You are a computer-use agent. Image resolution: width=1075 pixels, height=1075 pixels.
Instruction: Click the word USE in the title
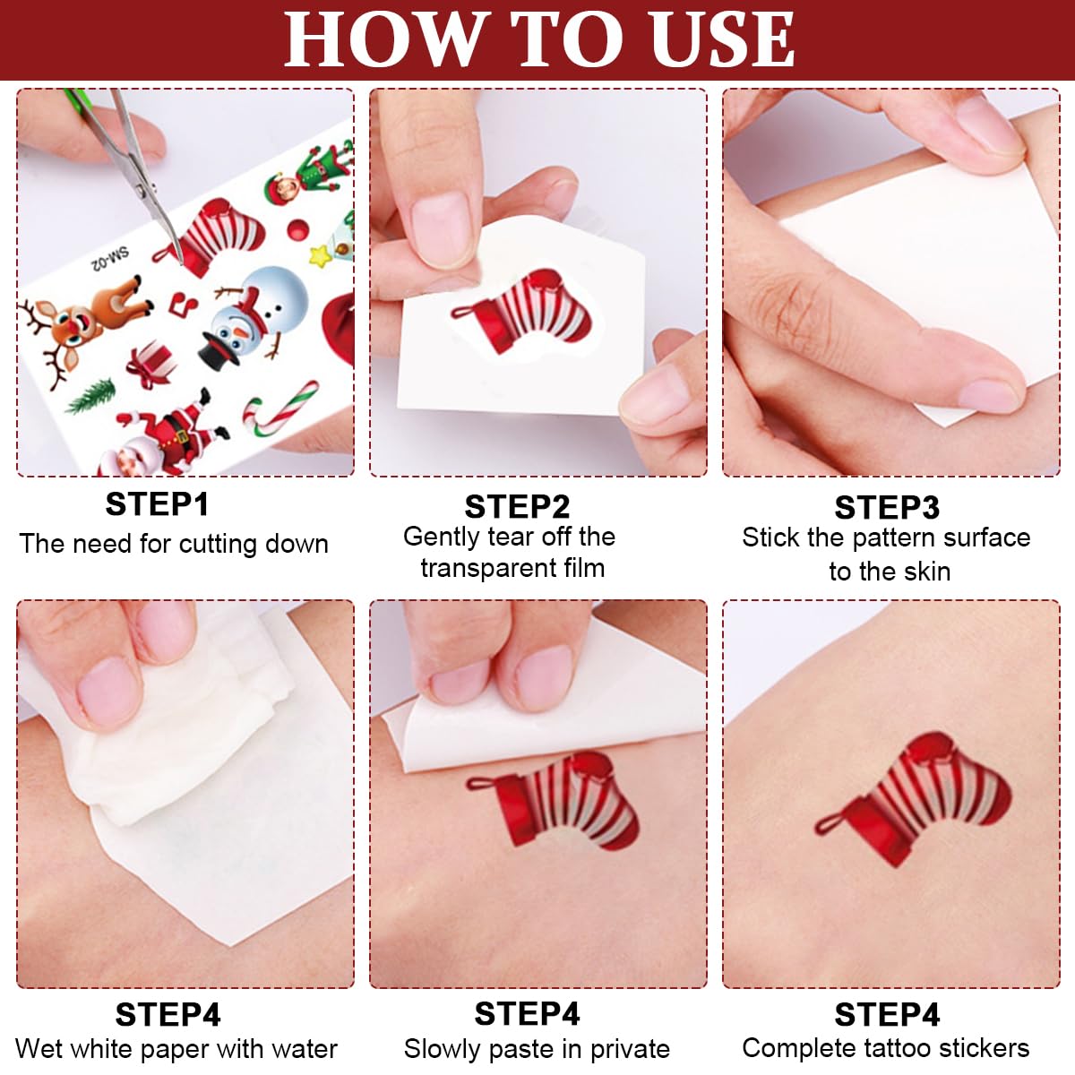click(720, 39)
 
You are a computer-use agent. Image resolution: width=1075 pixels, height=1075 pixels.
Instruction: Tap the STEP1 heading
click(157, 504)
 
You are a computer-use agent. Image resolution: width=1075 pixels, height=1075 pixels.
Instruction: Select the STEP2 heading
click(517, 507)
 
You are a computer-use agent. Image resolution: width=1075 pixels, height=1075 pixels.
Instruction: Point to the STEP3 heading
click(887, 508)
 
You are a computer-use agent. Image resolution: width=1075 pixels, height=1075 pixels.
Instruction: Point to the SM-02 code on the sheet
click(109, 260)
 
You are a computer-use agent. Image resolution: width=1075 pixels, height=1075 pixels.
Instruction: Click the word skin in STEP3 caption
click(923, 571)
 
